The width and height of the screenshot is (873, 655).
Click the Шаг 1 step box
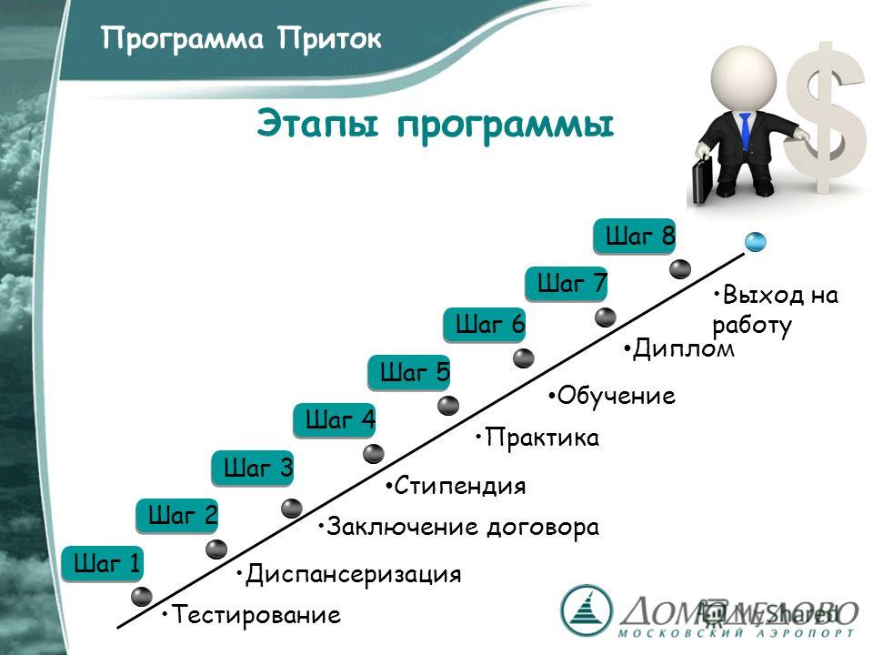point(103,564)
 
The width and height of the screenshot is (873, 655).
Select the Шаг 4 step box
point(335,419)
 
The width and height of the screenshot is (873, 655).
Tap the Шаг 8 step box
point(634,237)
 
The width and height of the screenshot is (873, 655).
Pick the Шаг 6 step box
point(485,324)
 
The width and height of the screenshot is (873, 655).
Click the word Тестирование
point(256,614)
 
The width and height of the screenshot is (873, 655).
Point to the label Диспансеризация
point(353,574)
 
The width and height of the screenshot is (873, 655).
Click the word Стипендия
point(460,486)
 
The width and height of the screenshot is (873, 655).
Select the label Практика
point(542,438)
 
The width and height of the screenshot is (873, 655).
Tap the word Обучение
point(617,396)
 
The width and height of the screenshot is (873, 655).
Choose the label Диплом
point(684,349)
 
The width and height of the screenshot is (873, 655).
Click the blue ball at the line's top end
point(756,242)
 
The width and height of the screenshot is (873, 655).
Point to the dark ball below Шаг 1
point(142,597)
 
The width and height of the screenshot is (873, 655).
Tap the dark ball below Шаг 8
point(680,269)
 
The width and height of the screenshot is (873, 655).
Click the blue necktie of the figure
point(746,131)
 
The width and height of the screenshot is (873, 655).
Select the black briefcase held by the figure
point(703,180)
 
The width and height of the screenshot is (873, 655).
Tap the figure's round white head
point(744,76)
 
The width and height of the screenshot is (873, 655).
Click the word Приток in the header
point(329,39)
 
